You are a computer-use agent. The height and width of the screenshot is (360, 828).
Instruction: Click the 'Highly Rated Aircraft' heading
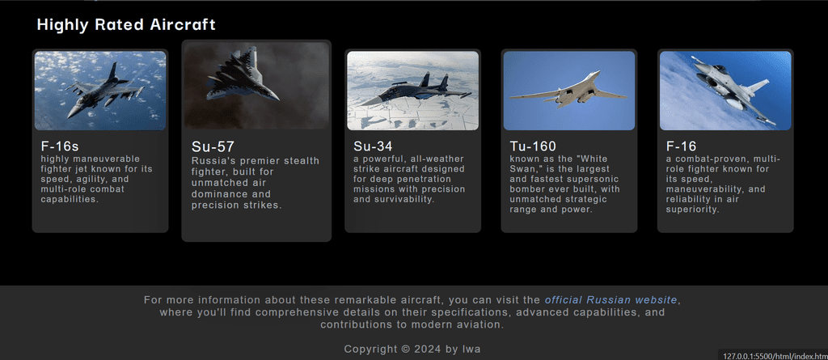pyautogui.click(x=126, y=25)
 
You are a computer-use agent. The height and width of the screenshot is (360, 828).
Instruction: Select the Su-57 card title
pyautogui.click(x=213, y=146)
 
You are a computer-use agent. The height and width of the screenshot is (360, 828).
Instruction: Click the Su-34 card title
pyautogui.click(x=373, y=146)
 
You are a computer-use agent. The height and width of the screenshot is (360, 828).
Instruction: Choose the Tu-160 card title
pyautogui.click(x=533, y=146)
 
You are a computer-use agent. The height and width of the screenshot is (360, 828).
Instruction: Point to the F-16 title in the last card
pyautogui.click(x=681, y=146)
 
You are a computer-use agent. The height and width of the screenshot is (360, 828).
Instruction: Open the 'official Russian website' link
pyautogui.click(x=611, y=300)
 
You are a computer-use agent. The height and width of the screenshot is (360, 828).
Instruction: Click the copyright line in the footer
pyautogui.click(x=412, y=349)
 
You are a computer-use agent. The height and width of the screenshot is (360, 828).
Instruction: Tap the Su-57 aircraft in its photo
pyautogui.click(x=242, y=75)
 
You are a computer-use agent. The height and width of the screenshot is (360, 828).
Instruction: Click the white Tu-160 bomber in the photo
pyautogui.click(x=568, y=90)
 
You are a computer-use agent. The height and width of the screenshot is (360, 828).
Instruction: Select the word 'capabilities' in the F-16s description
pyautogui.click(x=70, y=199)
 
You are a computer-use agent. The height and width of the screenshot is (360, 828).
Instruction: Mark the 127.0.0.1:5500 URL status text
pyautogui.click(x=775, y=356)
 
